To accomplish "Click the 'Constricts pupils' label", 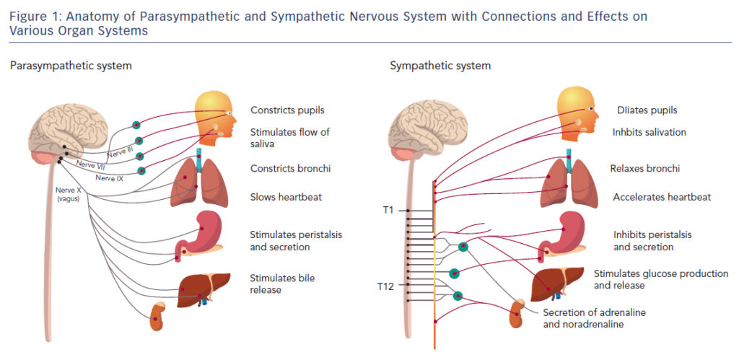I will (x=287, y=110).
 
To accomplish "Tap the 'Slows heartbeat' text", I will (x=286, y=196).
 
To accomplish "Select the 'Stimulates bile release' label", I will (x=282, y=284).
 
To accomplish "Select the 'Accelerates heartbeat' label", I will (x=662, y=197).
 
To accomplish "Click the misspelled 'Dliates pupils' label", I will (x=647, y=110).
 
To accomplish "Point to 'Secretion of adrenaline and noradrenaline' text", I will (x=584, y=318).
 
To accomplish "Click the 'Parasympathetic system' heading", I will (x=71, y=66).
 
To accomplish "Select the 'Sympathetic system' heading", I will (x=440, y=66).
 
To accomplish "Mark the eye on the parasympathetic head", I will (x=229, y=113).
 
